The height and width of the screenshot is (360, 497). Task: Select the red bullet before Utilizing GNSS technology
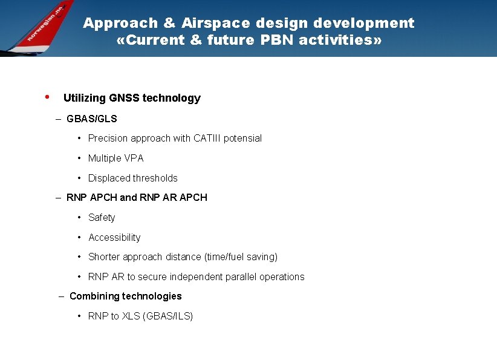[47, 97]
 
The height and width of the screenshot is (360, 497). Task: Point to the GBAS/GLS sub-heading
[91, 119]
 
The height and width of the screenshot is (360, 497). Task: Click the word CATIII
[207, 138]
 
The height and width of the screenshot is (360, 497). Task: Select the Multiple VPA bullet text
[115, 158]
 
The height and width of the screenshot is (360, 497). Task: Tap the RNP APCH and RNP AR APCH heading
[137, 197]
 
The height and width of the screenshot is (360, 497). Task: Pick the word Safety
[102, 217]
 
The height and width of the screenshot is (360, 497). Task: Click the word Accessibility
[114, 237]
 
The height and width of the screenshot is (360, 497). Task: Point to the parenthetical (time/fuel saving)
[241, 257]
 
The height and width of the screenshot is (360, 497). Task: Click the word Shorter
[104, 257]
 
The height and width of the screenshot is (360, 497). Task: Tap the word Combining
[93, 296]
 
